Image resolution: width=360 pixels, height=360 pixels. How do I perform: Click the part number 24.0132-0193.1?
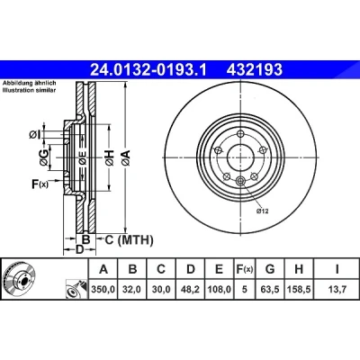coord(148,69)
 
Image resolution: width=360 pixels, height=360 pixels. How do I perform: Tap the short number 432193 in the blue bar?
coord(255,69)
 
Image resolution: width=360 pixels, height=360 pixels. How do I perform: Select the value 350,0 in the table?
coord(103,289)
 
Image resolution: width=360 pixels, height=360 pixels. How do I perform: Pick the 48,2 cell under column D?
coord(190,289)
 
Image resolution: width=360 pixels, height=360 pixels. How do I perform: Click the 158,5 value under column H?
coord(299,289)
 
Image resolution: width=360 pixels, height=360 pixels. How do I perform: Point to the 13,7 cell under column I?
coord(337,289)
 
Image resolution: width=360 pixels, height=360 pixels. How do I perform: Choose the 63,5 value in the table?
coord(270,289)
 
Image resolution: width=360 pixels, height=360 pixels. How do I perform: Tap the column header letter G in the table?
coord(270,269)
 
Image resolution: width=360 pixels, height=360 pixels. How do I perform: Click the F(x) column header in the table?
coord(245,269)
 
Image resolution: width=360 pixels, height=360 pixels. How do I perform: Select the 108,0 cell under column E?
coord(220,289)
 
